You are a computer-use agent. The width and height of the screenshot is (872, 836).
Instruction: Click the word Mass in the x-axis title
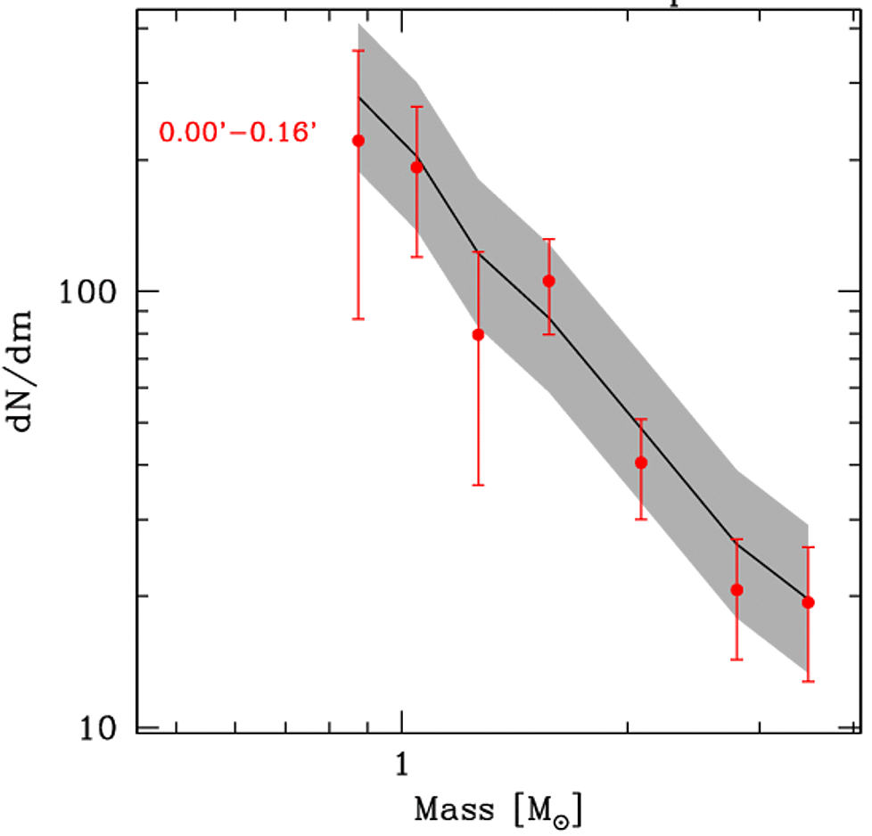point(453,810)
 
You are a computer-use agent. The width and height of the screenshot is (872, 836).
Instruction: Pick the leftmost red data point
point(358,140)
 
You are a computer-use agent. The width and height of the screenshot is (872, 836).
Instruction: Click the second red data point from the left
point(416,167)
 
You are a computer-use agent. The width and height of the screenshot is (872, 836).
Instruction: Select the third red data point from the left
point(478,334)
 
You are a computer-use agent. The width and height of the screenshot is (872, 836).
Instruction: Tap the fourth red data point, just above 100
point(549,281)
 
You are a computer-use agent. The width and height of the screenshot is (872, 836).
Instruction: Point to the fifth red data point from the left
point(641,462)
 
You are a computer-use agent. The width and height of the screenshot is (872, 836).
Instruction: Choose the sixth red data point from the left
point(736,589)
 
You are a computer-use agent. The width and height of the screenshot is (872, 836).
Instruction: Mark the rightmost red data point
point(808,602)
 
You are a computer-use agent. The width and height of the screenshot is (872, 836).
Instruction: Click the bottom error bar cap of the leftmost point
point(358,318)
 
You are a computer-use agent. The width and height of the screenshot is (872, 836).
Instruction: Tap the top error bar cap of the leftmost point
point(358,50)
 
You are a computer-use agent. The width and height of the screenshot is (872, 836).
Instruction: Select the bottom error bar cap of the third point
point(478,485)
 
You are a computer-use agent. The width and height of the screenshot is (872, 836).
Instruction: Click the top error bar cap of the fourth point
point(549,239)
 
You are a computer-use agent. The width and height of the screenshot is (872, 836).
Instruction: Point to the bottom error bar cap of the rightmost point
point(808,682)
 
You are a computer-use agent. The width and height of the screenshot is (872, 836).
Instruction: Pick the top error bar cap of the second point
point(416,107)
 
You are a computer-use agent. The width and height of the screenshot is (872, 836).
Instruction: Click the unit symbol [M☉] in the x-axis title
point(543,811)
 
